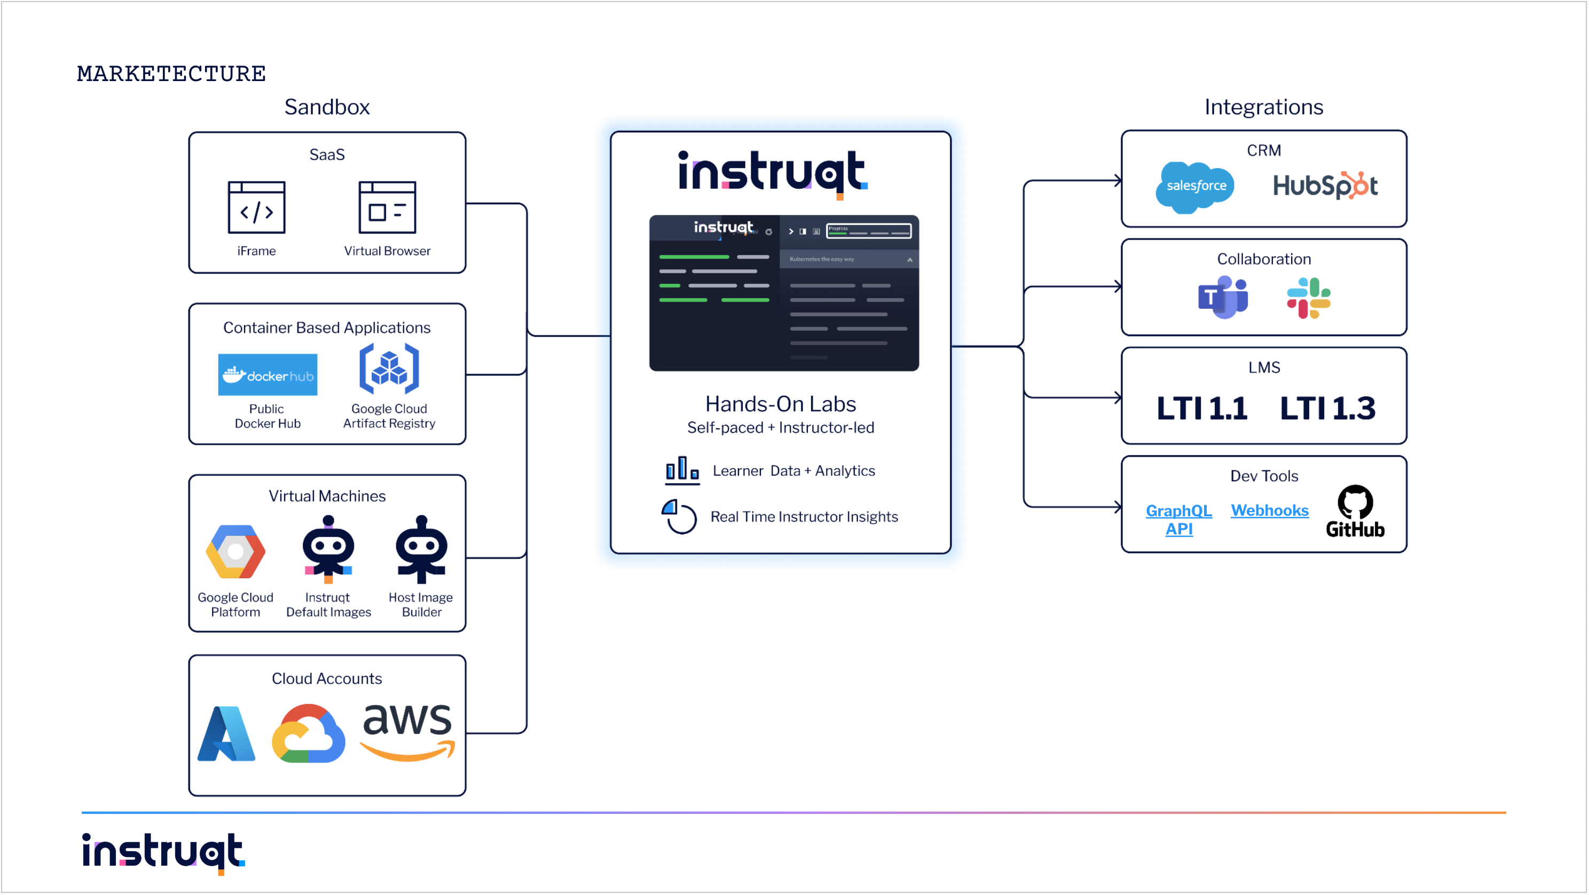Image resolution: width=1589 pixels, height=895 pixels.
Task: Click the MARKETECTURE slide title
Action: click(x=171, y=74)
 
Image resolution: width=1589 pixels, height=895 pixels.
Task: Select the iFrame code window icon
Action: click(x=257, y=207)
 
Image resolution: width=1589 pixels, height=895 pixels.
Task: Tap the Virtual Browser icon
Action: click(x=388, y=207)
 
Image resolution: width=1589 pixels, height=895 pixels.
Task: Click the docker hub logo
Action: click(x=268, y=375)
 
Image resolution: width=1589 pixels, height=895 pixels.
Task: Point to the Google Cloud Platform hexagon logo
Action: click(x=235, y=552)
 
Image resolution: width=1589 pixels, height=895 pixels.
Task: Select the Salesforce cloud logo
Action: click(x=1195, y=187)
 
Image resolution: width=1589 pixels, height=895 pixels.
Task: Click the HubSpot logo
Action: click(x=1325, y=186)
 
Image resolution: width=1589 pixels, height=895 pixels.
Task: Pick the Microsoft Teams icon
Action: click(x=1223, y=297)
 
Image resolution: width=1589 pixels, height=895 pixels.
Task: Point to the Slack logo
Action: click(x=1308, y=298)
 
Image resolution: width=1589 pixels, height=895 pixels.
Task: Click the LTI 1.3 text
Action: click(x=1327, y=408)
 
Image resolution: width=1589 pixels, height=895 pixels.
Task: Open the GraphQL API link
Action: click(x=1179, y=520)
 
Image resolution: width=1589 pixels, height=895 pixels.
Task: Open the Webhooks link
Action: click(x=1270, y=510)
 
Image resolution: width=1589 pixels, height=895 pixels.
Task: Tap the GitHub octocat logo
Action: click(x=1355, y=503)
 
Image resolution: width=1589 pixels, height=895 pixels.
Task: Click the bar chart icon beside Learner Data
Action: click(x=682, y=470)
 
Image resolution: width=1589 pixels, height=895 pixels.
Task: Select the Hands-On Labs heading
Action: click(x=780, y=404)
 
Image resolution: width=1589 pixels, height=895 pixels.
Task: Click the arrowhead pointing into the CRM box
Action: click(x=1118, y=181)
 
